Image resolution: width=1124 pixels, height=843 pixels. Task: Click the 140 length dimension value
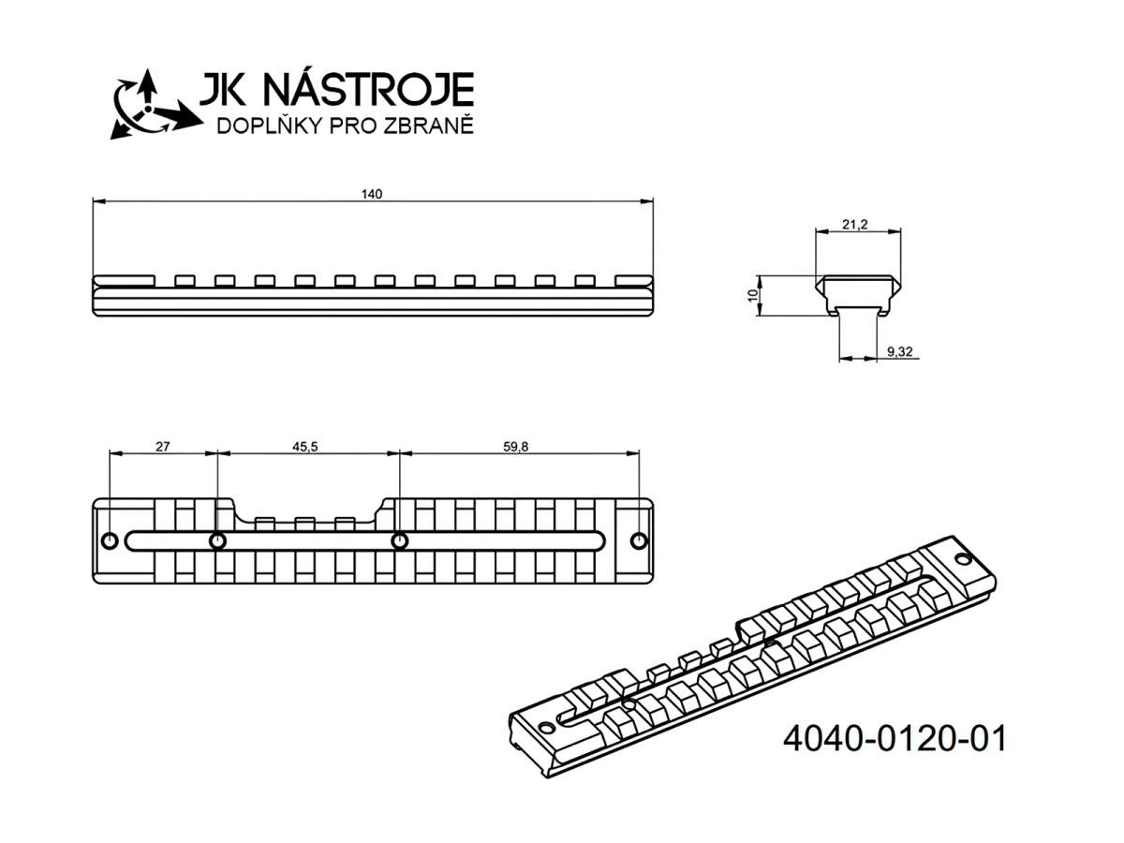372,194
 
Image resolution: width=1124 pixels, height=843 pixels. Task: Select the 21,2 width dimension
855,225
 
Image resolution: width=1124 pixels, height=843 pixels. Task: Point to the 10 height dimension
752,295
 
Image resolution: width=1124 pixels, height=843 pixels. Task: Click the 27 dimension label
162,447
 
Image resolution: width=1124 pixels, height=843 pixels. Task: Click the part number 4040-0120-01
894,738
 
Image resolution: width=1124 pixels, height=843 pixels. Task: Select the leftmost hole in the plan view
110,541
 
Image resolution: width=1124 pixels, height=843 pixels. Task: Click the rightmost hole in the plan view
640,541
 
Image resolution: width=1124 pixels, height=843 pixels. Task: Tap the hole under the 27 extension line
217,541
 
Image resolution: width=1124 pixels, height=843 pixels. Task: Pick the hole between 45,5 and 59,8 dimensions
399,541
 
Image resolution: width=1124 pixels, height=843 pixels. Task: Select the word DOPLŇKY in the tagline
265,126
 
